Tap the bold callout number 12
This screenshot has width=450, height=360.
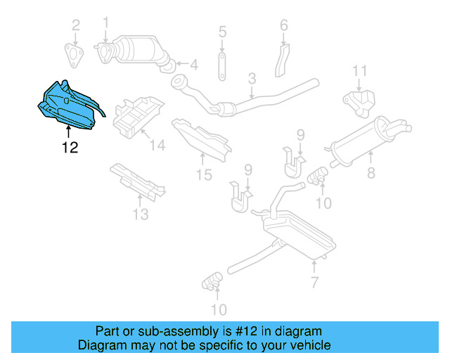pyautogui.click(x=69, y=148)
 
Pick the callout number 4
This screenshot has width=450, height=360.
pyautogui.click(x=193, y=65)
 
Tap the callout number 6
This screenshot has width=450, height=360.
pyautogui.click(x=284, y=26)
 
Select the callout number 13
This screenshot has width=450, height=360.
pyautogui.click(x=141, y=214)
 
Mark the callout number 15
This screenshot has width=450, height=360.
pyautogui.click(x=203, y=175)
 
